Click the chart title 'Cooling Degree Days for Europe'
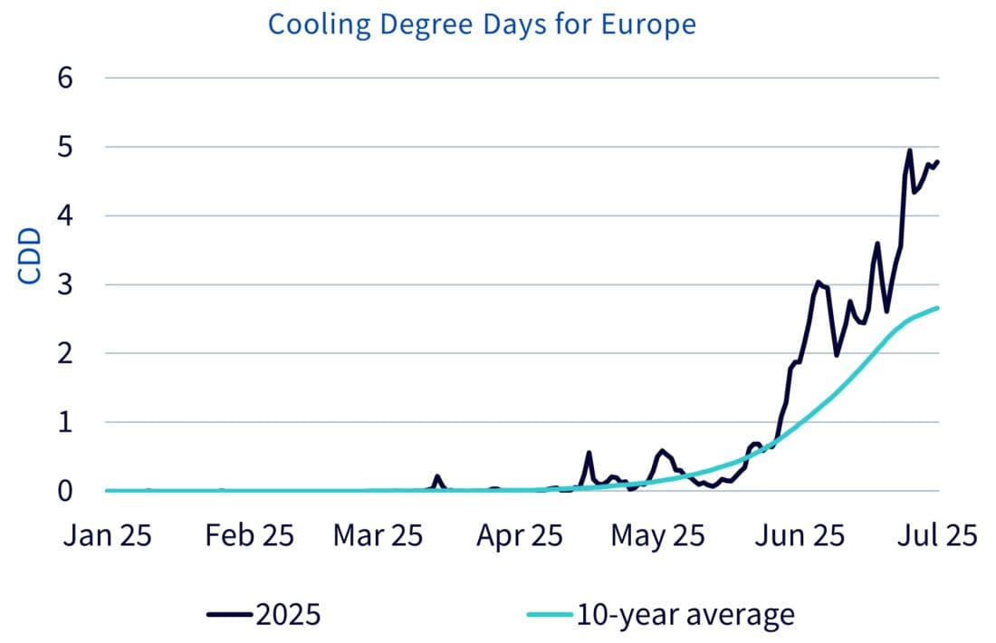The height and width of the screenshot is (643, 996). pos(482,24)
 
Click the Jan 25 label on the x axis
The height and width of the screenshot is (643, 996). pos(108,535)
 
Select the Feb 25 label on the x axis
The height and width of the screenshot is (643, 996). pos(250,535)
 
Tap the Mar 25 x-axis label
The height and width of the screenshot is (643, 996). pos(378,535)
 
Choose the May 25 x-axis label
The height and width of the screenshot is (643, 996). pos(657,535)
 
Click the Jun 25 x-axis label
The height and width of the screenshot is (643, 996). pos(800,535)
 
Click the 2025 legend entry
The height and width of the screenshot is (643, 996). pos(263,615)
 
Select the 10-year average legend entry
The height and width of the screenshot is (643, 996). pos(660,615)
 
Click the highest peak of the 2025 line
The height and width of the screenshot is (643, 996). pos(909,150)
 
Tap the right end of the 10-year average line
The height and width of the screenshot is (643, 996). pos(938,308)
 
